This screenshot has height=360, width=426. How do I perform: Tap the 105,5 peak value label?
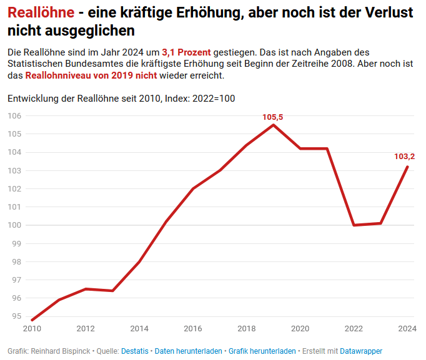[272, 117]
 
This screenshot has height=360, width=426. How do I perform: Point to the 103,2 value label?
[405, 157]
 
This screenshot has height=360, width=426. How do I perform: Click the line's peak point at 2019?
[273, 125]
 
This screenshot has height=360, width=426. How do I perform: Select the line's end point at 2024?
[407, 167]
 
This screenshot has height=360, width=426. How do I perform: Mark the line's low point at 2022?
[354, 225]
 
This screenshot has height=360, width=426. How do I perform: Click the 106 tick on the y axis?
[15, 116]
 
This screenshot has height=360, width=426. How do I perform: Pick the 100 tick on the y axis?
[15, 225]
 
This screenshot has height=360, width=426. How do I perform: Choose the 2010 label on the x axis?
[32, 329]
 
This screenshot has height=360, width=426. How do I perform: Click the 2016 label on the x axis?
[193, 329]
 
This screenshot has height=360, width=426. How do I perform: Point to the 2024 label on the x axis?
[407, 329]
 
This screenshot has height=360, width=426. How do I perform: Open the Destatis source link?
[135, 351]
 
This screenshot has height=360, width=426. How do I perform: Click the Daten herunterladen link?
[188, 351]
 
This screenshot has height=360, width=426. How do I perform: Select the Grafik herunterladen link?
[262, 351]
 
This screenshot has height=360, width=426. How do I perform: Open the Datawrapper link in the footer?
[361, 351]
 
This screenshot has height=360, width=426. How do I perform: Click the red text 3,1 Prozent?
[186, 52]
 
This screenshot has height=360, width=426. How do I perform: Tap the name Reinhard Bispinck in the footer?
[59, 351]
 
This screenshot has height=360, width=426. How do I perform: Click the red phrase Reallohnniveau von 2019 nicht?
[91, 75]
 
